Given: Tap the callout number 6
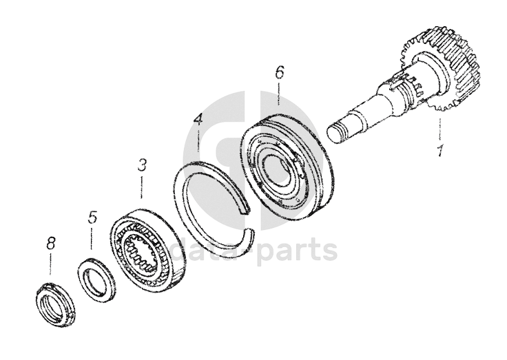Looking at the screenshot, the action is pyautogui.click(x=279, y=72).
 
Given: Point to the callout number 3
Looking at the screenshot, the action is pyautogui.click(x=142, y=165).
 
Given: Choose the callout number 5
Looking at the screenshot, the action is pyautogui.click(x=92, y=218).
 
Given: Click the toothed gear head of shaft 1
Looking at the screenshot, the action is pyautogui.click(x=441, y=69).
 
